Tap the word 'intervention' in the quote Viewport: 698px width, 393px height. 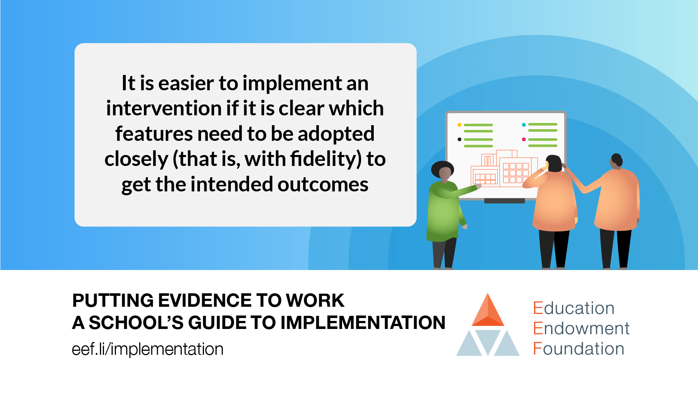point(164,108)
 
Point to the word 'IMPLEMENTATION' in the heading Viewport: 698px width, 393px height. point(362,322)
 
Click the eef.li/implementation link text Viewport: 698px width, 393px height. point(148,349)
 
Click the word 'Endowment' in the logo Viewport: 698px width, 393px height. point(581,328)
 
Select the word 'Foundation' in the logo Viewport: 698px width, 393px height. point(578,349)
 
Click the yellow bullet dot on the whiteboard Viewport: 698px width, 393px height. point(460,125)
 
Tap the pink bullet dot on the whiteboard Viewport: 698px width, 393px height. point(523,139)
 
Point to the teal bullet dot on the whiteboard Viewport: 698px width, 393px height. point(523,125)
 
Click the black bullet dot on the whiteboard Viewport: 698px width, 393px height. point(460,139)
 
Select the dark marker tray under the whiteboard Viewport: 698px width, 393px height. point(504,201)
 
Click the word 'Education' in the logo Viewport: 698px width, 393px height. point(574,308)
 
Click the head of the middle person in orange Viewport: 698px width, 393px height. point(554,163)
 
